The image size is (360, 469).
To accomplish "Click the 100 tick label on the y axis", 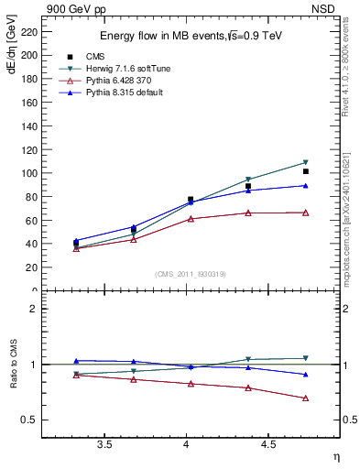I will pyautogui.click(x=28, y=173).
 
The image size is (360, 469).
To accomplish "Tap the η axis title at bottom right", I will pyautogui.click(x=335, y=455).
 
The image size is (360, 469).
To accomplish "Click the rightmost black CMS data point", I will pyautogui.click(x=305, y=171).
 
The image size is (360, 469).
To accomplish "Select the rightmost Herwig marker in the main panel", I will pyautogui.click(x=305, y=163).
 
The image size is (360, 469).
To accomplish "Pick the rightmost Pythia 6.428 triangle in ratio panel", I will pyautogui.click(x=305, y=398).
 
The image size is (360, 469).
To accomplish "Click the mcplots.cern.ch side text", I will pyautogui.click(x=351, y=220).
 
